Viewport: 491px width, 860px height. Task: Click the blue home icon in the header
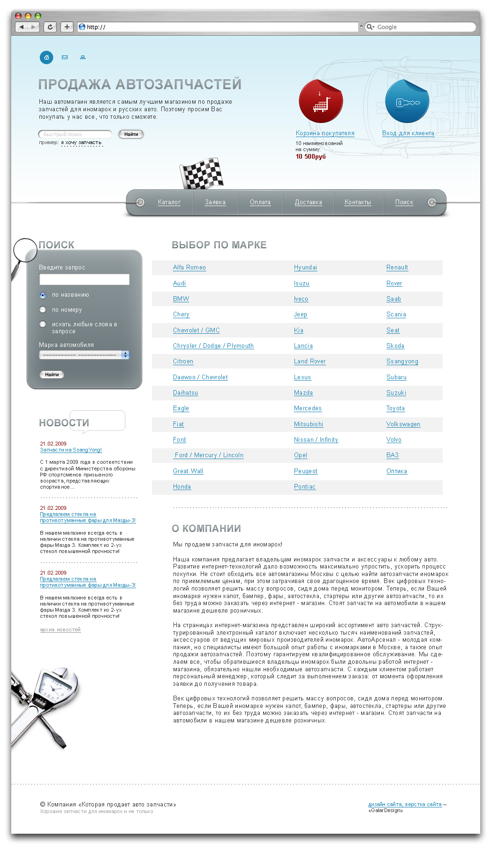(46, 57)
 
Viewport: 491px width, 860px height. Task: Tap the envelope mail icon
(65, 57)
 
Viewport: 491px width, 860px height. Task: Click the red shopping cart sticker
(321, 101)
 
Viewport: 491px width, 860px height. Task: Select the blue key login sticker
(407, 101)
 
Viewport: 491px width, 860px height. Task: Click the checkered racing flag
(202, 174)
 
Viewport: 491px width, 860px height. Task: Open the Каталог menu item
(169, 202)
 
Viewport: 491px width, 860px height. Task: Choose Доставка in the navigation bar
(308, 202)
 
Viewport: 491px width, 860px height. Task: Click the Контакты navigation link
(357, 202)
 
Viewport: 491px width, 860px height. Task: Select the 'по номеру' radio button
(43, 310)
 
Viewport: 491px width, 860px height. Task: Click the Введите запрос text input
(84, 280)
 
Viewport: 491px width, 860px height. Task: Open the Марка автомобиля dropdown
(84, 355)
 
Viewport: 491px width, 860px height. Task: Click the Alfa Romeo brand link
(189, 268)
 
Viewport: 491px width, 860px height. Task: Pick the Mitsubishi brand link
(309, 424)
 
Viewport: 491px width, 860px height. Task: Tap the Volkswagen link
(403, 424)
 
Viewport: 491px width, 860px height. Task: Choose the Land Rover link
(310, 361)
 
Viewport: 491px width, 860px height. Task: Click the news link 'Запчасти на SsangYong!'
(71, 450)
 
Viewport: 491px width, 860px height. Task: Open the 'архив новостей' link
(60, 630)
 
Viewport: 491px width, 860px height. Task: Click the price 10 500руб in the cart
(310, 157)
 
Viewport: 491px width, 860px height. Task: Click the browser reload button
(50, 27)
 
